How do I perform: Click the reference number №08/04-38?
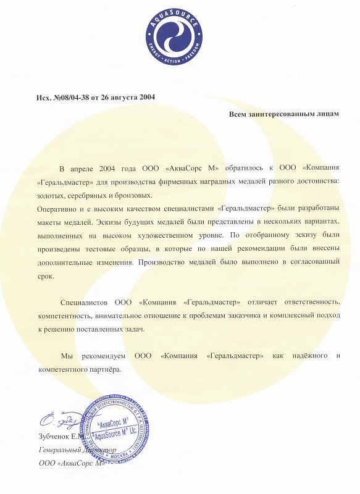pyautogui.click(x=69, y=97)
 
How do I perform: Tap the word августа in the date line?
pyautogui.click(x=124, y=97)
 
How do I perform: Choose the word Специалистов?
pyautogui.click(x=85, y=303)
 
